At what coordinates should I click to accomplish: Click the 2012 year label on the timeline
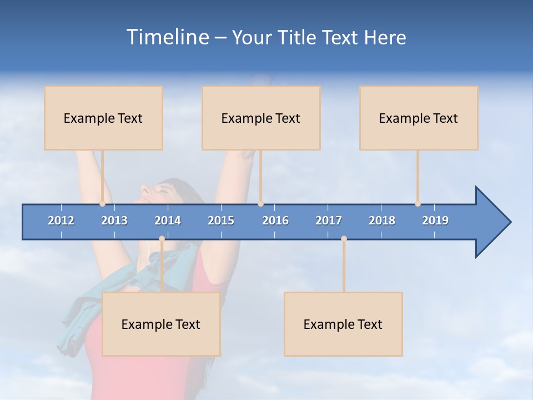61,221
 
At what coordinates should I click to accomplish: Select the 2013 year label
114,221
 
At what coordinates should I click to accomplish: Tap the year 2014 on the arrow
168,221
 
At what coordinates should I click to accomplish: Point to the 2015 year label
221,221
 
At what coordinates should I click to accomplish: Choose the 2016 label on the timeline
275,221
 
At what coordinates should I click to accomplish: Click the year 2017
329,221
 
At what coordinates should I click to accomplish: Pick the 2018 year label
382,221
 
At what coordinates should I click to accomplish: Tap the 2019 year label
435,221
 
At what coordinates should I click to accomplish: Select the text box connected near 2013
103,118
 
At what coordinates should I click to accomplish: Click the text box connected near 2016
261,118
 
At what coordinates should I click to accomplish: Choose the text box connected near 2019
419,118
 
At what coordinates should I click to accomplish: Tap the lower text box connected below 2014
161,324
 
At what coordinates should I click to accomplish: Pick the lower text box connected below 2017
343,324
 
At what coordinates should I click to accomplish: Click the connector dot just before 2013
102,204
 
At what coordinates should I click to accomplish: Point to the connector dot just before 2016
260,204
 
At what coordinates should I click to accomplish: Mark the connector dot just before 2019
418,204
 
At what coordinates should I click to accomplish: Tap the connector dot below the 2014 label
162,239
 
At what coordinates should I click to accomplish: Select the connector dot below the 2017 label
344,239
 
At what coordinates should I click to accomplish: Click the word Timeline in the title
167,37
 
